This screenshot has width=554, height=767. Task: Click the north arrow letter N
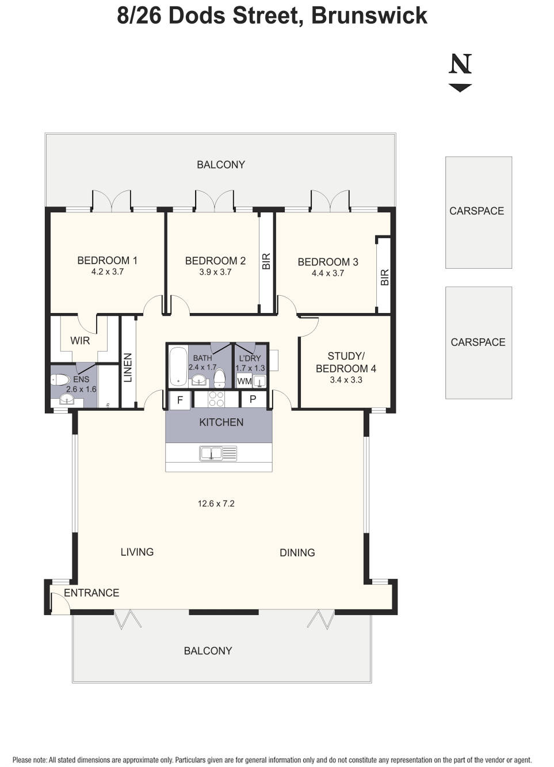pyautogui.click(x=460, y=64)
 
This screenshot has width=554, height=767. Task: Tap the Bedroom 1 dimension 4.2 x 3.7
pyautogui.click(x=107, y=272)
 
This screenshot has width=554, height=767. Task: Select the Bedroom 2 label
pyautogui.click(x=215, y=261)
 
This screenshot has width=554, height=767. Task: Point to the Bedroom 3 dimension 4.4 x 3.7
pyautogui.click(x=327, y=273)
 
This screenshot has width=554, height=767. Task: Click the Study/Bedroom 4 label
pyautogui.click(x=346, y=362)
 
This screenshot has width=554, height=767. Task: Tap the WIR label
pyautogui.click(x=80, y=341)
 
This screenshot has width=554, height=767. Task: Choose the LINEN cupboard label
pyautogui.click(x=128, y=368)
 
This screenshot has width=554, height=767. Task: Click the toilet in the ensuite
pyautogui.click(x=60, y=380)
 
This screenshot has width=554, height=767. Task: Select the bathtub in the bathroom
pyautogui.click(x=178, y=366)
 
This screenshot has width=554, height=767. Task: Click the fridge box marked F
pyautogui.click(x=180, y=399)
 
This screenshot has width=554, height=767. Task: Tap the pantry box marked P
pyautogui.click(x=253, y=399)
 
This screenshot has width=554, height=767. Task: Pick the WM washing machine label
pyautogui.click(x=244, y=381)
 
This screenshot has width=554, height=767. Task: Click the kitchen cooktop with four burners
pyautogui.click(x=216, y=399)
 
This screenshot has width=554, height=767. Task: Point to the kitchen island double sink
pyautogui.click(x=218, y=453)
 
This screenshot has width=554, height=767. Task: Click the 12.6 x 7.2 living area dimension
pyautogui.click(x=216, y=503)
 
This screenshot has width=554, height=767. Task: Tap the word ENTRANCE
pyautogui.click(x=91, y=593)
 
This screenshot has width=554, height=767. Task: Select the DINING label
pyautogui.click(x=297, y=552)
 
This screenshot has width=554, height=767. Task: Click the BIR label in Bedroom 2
pyautogui.click(x=266, y=262)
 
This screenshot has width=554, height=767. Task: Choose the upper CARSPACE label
pyautogui.click(x=476, y=211)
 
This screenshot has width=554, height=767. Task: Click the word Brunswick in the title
pyautogui.click(x=369, y=16)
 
